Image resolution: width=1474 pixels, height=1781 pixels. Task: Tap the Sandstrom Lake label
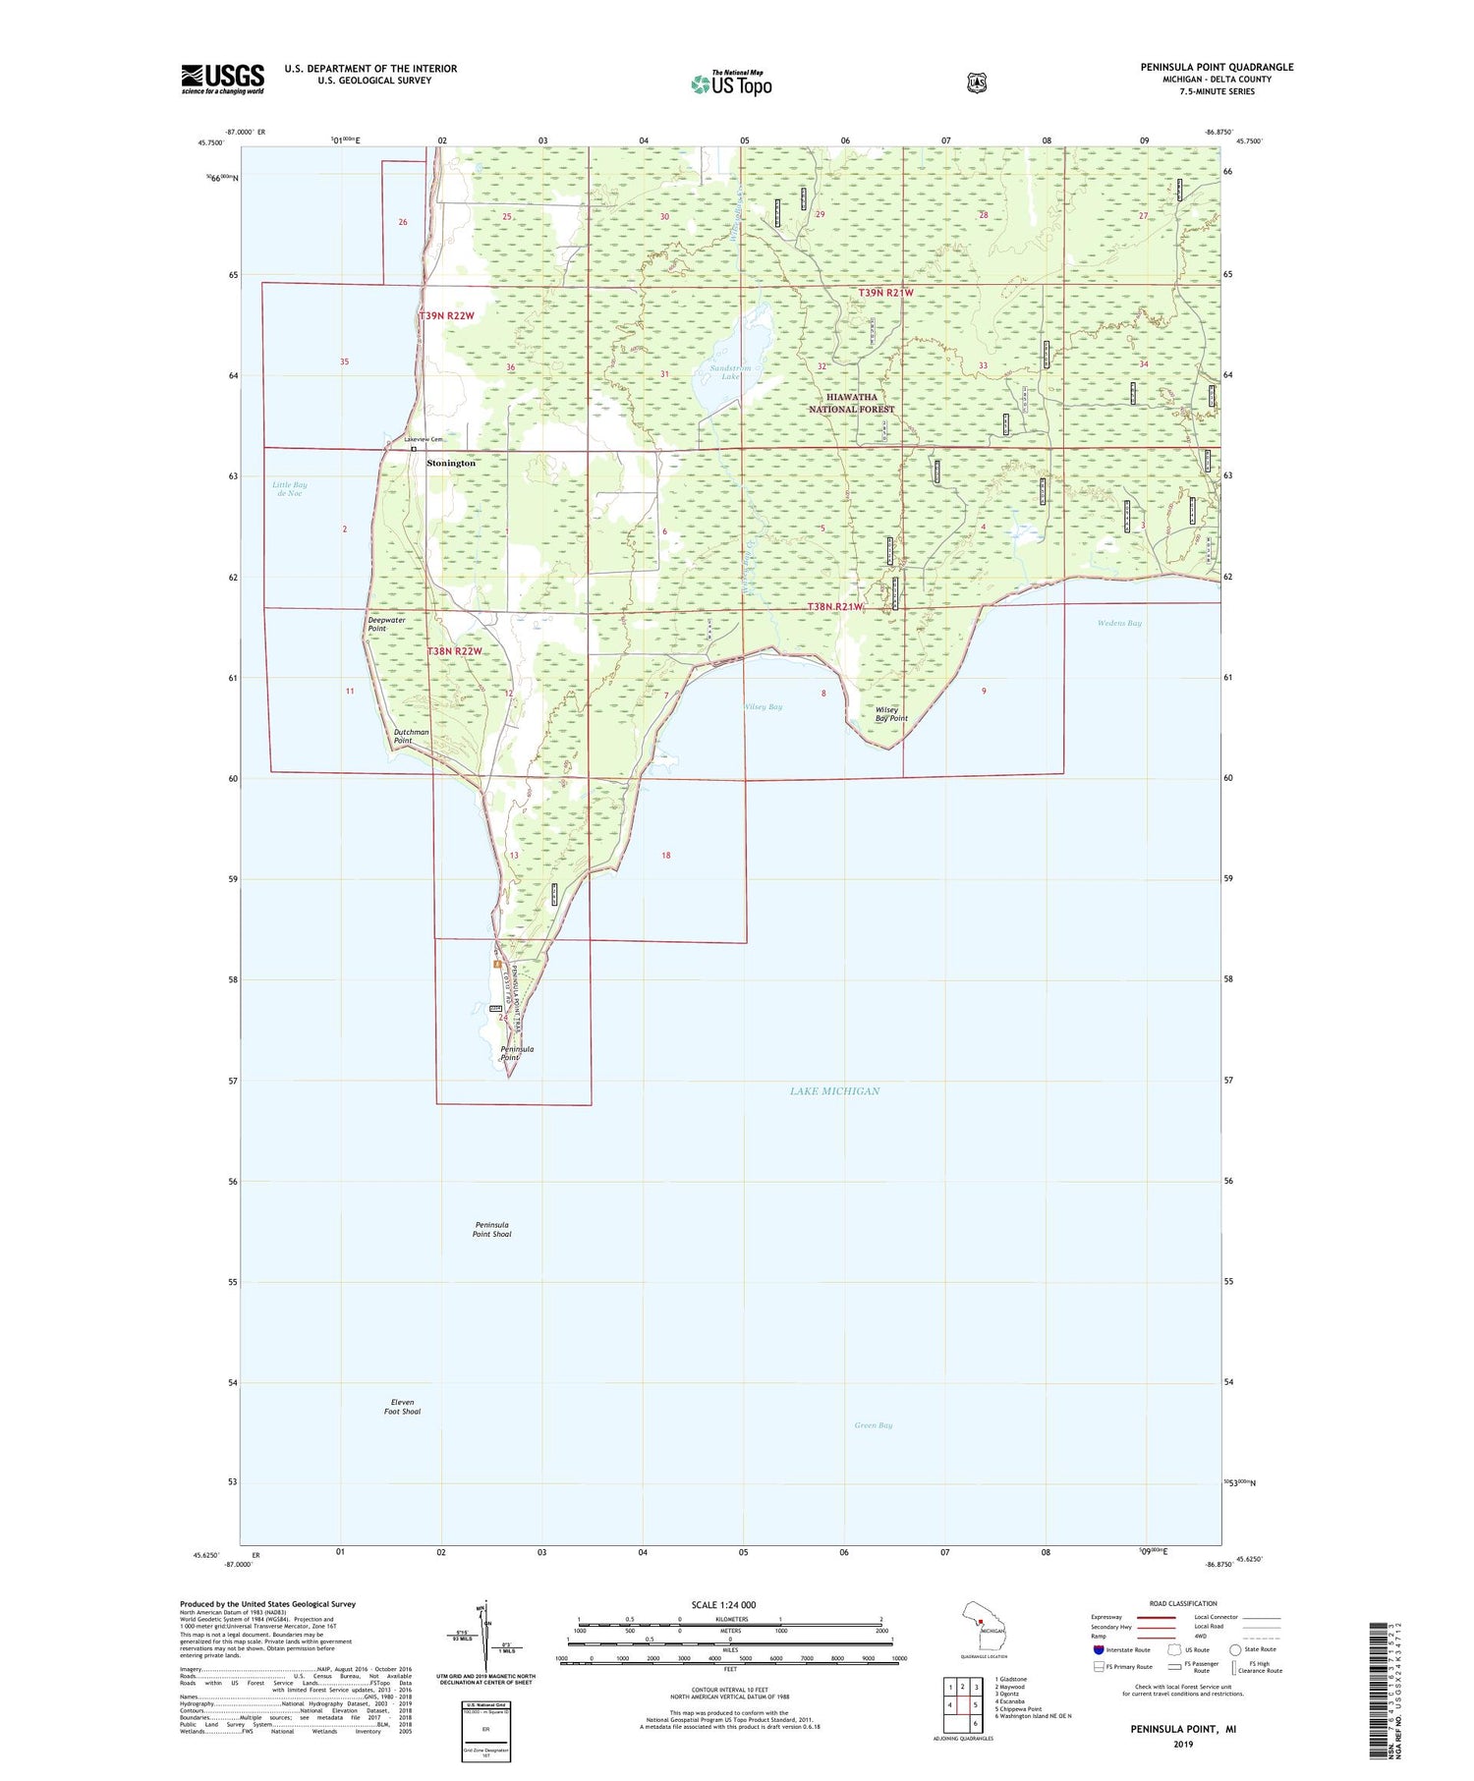(x=730, y=372)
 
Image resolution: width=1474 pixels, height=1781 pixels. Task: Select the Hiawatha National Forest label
(x=852, y=403)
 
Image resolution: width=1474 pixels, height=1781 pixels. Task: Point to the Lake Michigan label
(x=834, y=1091)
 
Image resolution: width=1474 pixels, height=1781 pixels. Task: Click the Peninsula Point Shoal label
(x=491, y=1229)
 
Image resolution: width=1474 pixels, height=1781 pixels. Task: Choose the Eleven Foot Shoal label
(x=402, y=1407)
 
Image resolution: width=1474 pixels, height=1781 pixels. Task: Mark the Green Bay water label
(x=873, y=1425)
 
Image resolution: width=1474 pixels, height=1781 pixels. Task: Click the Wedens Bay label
(x=1119, y=624)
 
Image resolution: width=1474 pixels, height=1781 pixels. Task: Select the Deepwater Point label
(x=386, y=624)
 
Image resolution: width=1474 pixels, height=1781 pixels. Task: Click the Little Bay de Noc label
(x=290, y=488)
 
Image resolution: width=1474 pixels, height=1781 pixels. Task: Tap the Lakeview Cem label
(x=424, y=439)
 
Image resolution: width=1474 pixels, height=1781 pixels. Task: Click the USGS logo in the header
(x=222, y=79)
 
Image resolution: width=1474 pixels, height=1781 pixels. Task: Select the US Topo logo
(x=732, y=83)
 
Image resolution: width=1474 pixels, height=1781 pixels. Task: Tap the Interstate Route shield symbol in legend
(x=1099, y=1649)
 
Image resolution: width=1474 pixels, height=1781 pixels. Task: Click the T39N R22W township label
(x=446, y=315)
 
